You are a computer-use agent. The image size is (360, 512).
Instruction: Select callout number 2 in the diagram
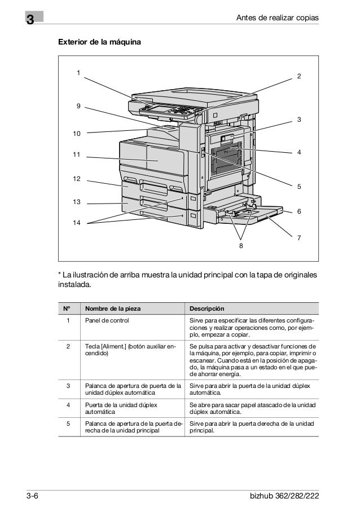(299, 76)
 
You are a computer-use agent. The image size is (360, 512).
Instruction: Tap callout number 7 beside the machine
(299, 239)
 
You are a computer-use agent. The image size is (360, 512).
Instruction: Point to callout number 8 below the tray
(240, 245)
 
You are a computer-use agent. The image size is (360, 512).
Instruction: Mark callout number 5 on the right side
(299, 186)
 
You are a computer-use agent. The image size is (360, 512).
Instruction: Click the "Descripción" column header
(207, 308)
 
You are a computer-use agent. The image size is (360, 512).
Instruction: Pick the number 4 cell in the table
(68, 404)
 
